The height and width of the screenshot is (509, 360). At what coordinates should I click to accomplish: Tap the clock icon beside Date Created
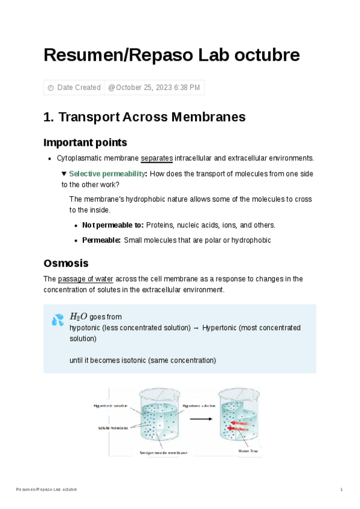coord(50,88)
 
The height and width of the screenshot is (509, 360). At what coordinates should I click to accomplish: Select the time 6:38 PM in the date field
coord(186,88)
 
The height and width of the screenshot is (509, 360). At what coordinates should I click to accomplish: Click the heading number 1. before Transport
coord(49,117)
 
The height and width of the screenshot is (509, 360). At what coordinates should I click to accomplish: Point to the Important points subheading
coord(85,142)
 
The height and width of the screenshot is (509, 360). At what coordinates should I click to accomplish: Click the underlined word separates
coord(157,158)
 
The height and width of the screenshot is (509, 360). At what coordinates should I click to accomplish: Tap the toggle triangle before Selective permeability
coord(64,173)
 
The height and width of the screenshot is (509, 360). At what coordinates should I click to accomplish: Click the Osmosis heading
coord(66,264)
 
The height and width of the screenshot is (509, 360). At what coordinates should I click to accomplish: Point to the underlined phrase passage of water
coord(85,279)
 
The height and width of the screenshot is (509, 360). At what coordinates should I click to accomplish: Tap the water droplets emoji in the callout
coord(58,320)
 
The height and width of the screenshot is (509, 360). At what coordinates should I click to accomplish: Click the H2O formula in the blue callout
coord(79,316)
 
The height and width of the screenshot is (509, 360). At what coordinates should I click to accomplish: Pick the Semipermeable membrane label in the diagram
coord(163,453)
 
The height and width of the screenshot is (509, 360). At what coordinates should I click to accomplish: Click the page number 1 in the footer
coord(341,490)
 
